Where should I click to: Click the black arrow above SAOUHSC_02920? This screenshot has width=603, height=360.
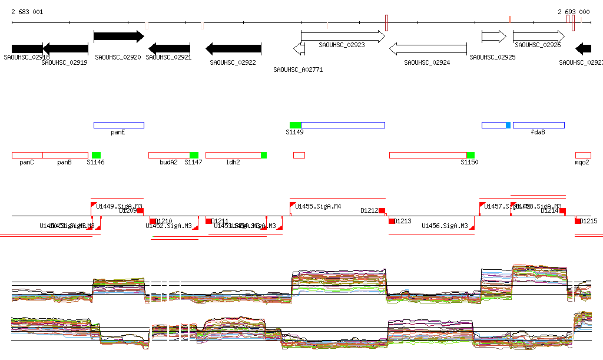(118, 37)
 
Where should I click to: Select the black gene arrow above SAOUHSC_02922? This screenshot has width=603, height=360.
(233, 48)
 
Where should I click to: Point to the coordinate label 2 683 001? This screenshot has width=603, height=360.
(26, 12)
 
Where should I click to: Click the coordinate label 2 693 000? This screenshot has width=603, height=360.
(574, 12)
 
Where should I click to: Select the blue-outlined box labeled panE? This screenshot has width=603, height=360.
(118, 125)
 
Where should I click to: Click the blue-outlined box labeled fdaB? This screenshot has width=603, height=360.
(538, 125)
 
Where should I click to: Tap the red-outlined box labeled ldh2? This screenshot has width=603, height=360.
(233, 155)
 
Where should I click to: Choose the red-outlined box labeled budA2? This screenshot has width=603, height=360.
(169, 155)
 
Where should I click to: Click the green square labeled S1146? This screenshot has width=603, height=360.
(96, 155)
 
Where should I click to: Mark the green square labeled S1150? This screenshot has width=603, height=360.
(471, 155)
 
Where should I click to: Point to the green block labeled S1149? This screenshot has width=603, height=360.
(295, 125)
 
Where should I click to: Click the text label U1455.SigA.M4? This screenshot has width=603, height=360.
(318, 207)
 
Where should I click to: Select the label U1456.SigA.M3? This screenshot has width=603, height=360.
(445, 226)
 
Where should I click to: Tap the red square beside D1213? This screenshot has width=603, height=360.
(392, 221)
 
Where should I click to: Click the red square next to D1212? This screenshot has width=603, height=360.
(382, 211)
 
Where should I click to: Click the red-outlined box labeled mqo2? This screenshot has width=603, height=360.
(583, 155)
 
